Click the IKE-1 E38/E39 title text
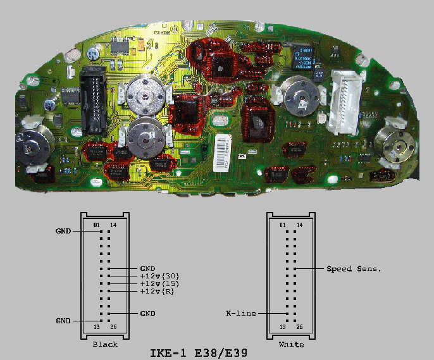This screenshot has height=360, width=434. (x=199, y=353)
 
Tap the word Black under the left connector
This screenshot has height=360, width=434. (x=105, y=345)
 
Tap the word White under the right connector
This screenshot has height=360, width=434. (x=291, y=345)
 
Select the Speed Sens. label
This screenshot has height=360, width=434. (x=354, y=269)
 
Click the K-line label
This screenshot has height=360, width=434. (x=241, y=313)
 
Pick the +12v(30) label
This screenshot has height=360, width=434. (x=159, y=276)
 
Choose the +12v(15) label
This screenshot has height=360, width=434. (x=159, y=283)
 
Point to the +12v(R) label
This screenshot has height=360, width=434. (x=157, y=291)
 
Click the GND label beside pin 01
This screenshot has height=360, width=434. (x=63, y=231)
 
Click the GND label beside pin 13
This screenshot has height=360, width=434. (x=63, y=321)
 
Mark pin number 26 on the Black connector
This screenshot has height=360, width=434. (x=113, y=327)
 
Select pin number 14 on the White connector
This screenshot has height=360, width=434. (x=299, y=225)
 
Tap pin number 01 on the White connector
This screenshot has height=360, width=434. (x=283, y=225)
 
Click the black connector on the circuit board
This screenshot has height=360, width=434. (x=93, y=100)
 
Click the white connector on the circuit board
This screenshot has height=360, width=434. (x=345, y=102)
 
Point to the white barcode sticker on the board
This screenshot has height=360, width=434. (x=223, y=153)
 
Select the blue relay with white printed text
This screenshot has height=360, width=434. (x=303, y=58)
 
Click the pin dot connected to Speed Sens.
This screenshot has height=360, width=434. (x=295, y=269)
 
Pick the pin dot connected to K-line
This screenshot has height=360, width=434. (x=288, y=314)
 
